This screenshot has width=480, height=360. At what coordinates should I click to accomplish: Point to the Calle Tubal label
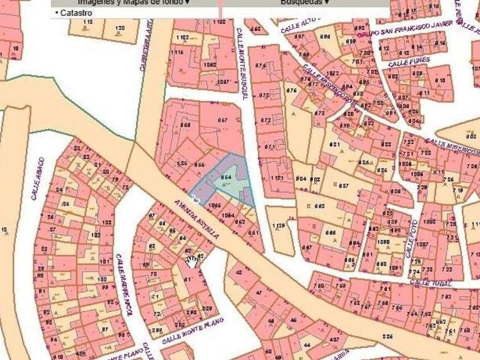(x=433, y=283)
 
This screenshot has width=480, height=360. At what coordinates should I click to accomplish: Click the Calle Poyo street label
(x=412, y=239)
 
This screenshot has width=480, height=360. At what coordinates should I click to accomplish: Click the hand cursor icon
(x=193, y=260)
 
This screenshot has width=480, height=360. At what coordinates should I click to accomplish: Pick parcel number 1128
(x=280, y=224)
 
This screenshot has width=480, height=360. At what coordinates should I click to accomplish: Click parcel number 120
(x=120, y=28)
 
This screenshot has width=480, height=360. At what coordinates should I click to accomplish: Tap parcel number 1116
(x=177, y=52)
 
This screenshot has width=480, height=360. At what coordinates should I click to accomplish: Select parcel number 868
(x=185, y=124)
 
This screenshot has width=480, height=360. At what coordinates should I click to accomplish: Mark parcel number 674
(x=259, y=67)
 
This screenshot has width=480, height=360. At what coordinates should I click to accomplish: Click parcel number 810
(x=442, y=79)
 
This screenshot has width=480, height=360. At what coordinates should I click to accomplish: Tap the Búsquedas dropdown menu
(x=305, y=2)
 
